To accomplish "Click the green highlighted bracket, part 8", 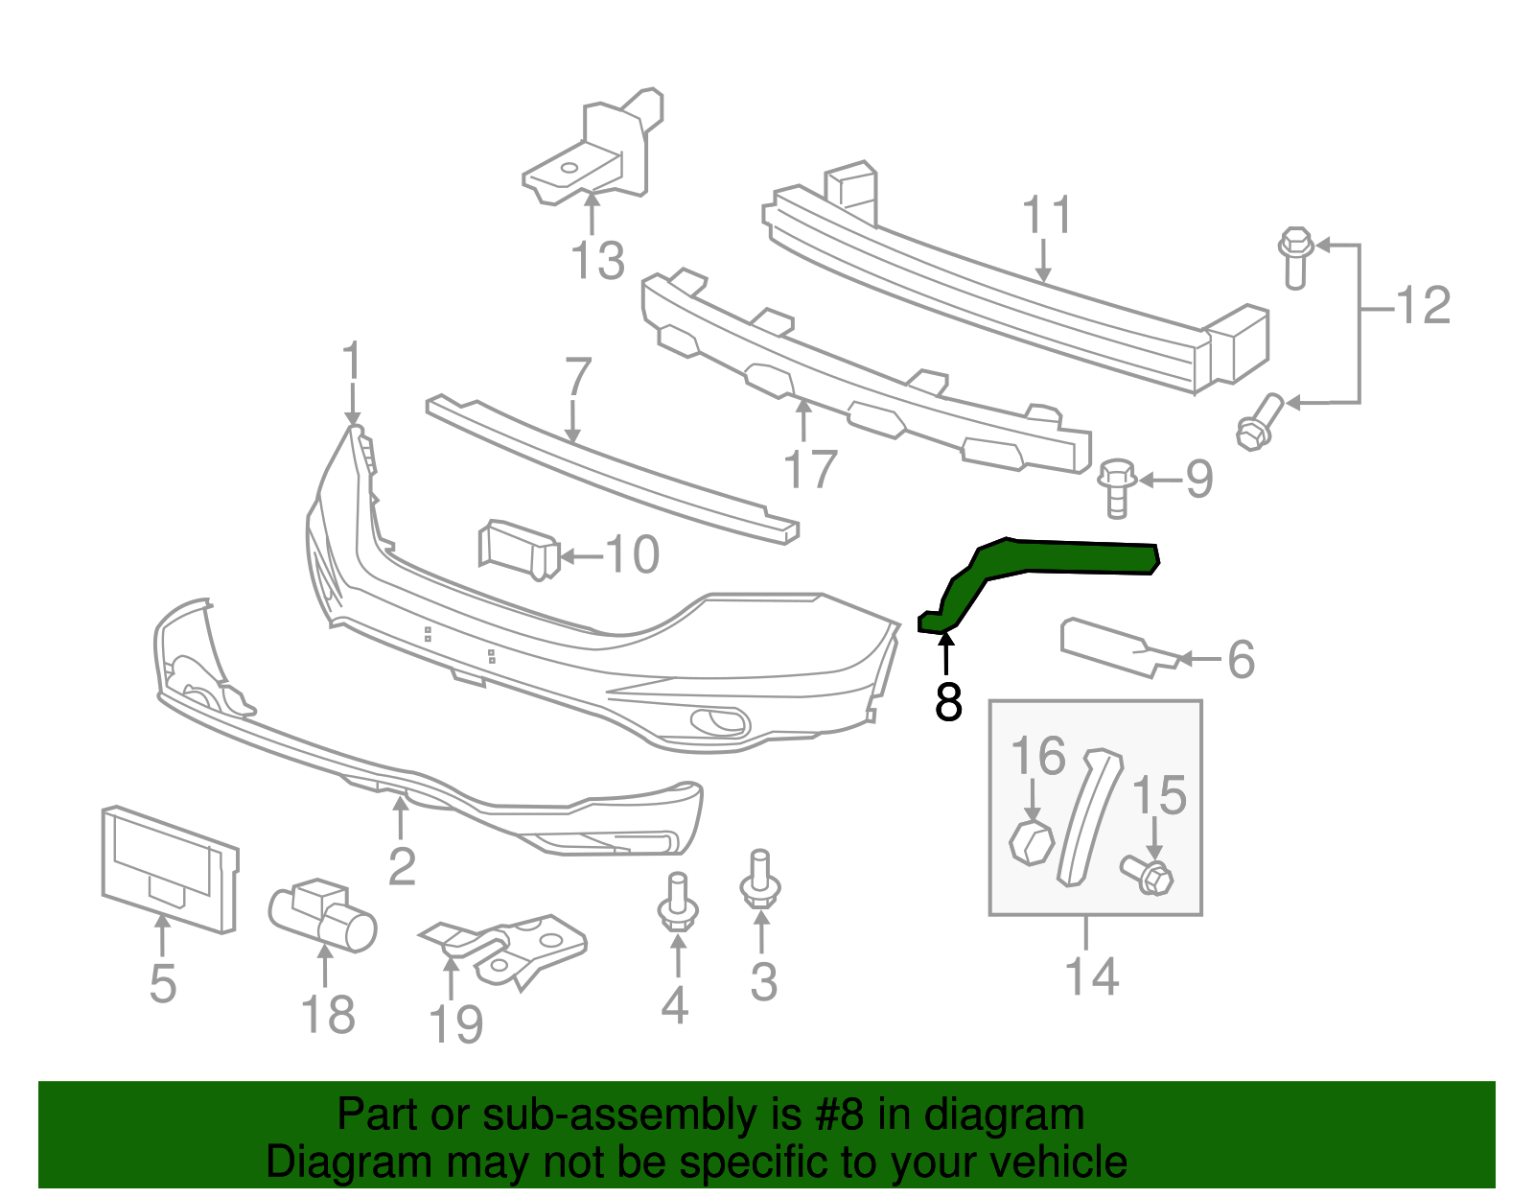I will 1055,557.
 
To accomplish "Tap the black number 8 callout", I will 947,702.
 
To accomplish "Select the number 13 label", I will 597,261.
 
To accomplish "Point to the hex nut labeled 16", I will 1032,843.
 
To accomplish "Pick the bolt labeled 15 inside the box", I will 1148,875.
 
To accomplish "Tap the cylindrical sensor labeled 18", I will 322,915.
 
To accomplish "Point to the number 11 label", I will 1047,216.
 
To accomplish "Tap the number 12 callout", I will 1423,306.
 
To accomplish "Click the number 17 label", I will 810,469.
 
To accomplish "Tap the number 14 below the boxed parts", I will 1091,975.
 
